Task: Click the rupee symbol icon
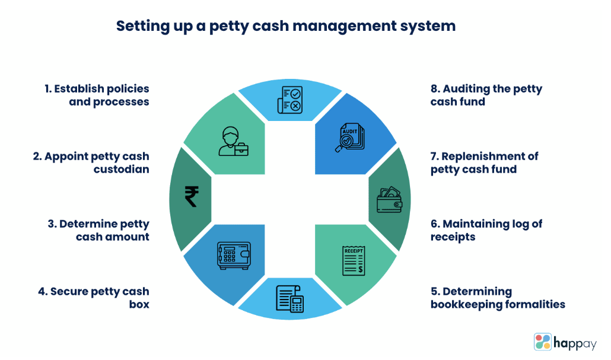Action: click(191, 196)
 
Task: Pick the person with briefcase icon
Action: click(232, 141)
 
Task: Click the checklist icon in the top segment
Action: click(290, 99)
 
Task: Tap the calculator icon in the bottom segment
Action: click(290, 298)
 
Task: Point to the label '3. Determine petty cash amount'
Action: click(98, 230)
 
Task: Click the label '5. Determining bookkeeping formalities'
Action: click(497, 298)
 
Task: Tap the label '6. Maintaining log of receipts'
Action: click(486, 230)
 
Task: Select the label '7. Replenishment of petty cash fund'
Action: click(484, 163)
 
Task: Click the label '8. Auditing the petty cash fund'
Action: click(486, 95)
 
